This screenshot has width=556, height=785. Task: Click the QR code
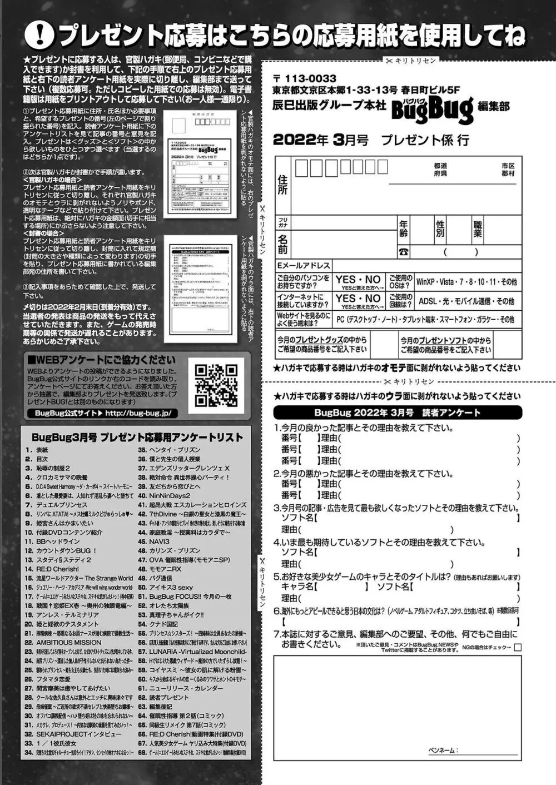216,385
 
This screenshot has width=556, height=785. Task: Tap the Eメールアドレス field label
304,266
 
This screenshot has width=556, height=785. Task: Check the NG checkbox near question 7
518,647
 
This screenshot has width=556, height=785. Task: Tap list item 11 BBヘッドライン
52,541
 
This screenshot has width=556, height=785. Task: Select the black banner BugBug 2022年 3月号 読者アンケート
397,413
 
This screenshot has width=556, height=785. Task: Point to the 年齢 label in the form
403,228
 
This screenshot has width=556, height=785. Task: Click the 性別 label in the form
440,228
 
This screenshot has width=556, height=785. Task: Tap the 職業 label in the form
478,228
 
